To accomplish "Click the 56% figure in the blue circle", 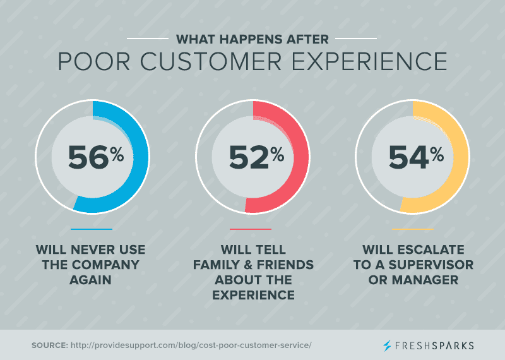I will [x=96, y=157].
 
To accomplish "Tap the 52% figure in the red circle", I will [x=256, y=157].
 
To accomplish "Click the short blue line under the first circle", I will [x=92, y=229].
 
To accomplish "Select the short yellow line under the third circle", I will [x=413, y=229].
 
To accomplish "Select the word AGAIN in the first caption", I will [x=90, y=280].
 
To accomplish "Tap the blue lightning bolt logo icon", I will [x=387, y=345].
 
